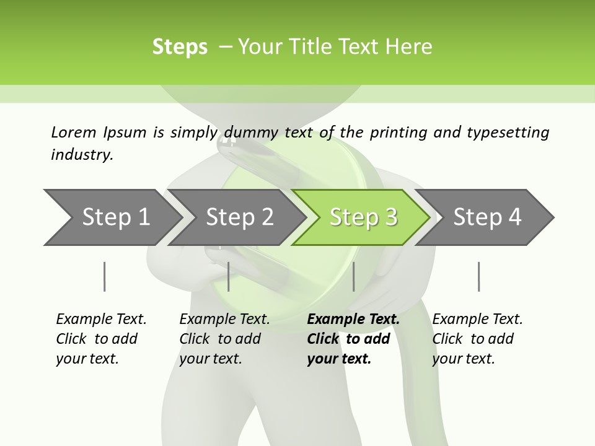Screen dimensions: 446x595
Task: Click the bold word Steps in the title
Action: [x=180, y=46]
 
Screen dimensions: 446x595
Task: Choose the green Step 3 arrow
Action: [x=363, y=217]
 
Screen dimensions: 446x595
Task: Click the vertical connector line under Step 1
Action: [x=105, y=276]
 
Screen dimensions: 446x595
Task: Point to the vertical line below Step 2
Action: [x=229, y=276]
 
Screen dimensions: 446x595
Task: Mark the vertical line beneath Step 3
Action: [x=353, y=276]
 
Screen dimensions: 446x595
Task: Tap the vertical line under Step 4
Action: [x=478, y=276]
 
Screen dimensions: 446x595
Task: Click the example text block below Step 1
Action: [x=101, y=339]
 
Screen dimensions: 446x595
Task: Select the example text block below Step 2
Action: [x=224, y=339]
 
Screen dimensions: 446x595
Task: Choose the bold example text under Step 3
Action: [x=353, y=339]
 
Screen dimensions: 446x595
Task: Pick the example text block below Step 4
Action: [x=477, y=339]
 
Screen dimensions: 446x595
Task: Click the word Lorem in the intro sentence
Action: [x=74, y=132]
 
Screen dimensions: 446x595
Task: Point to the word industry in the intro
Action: [x=82, y=155]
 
